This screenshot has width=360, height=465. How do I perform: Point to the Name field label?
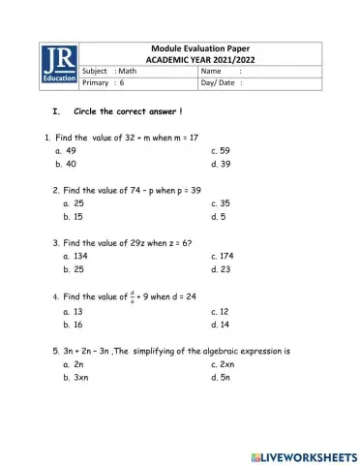(x=212, y=72)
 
